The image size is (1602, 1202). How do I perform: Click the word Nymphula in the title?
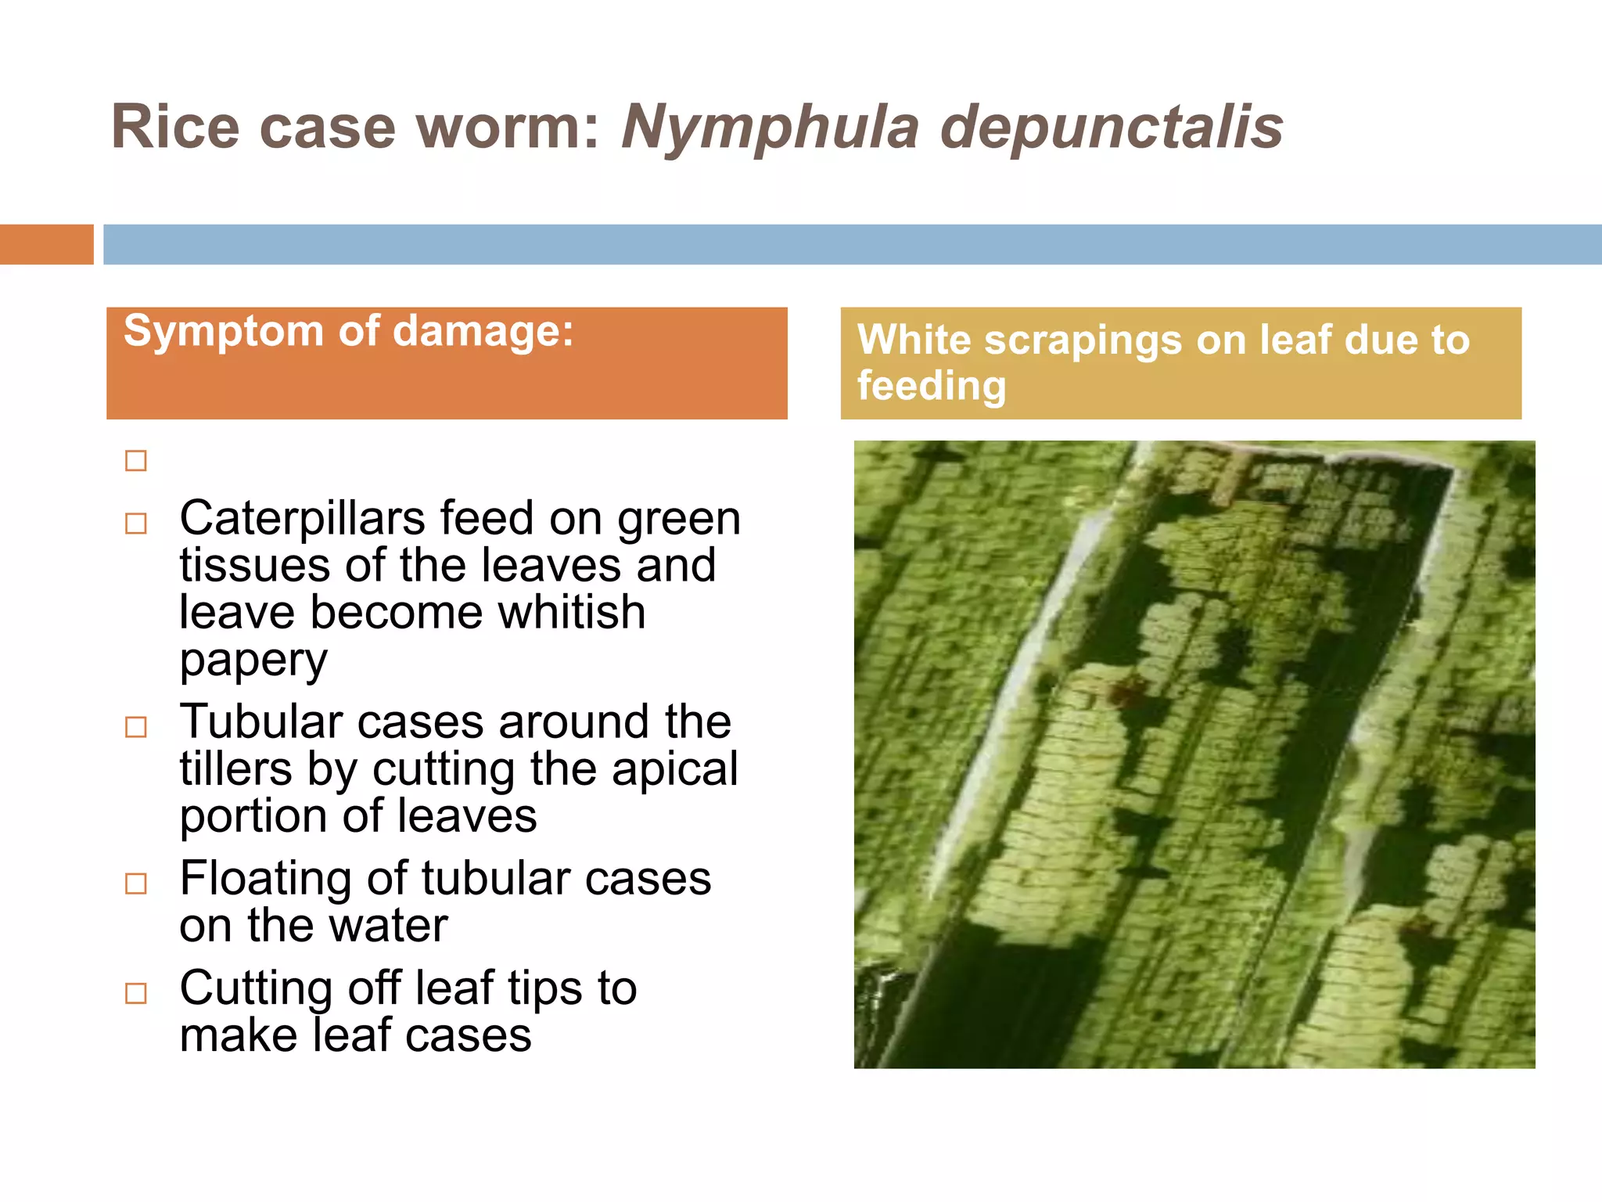[x=770, y=128]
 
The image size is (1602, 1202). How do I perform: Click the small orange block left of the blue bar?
[x=46, y=244]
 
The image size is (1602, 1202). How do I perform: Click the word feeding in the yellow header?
[x=931, y=386]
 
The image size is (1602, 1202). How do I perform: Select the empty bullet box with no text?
[x=136, y=461]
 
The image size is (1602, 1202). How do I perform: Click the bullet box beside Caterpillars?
[x=136, y=523]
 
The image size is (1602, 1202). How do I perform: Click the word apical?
[x=674, y=769]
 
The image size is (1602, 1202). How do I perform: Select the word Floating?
[x=266, y=879]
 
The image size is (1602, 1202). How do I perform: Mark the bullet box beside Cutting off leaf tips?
[x=136, y=993]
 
